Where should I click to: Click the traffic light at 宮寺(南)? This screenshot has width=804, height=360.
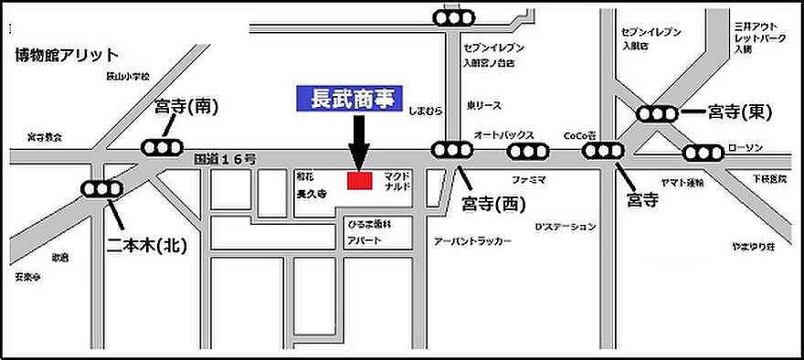coord(163,147)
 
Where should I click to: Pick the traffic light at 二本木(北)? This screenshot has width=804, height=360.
coord(102,189)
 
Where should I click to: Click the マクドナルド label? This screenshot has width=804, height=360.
coord(398,179)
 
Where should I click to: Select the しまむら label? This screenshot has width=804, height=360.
coord(427,111)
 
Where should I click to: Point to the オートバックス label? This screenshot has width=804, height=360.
coord(503,133)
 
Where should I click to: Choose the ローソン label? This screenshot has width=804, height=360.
coord(745,149)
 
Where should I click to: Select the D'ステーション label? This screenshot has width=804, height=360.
coord(566,226)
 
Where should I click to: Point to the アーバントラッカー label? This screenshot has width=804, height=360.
coord(471,241)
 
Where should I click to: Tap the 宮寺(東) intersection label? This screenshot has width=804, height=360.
coord(741,112)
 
